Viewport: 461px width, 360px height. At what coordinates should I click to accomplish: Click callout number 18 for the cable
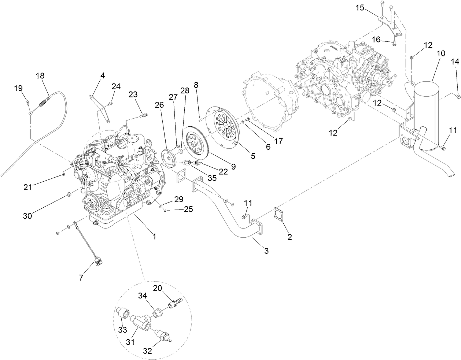click(x=40, y=76)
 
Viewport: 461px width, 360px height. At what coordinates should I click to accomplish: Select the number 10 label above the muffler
click(x=440, y=53)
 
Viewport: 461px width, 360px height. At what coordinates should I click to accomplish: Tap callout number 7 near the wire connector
click(x=81, y=278)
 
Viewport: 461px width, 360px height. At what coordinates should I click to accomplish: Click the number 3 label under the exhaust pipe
click(x=266, y=251)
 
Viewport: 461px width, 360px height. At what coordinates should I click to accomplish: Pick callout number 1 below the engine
click(x=154, y=237)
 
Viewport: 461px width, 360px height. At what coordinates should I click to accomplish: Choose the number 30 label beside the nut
click(x=28, y=216)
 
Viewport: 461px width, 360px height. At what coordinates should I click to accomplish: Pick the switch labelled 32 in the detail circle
click(x=163, y=335)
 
